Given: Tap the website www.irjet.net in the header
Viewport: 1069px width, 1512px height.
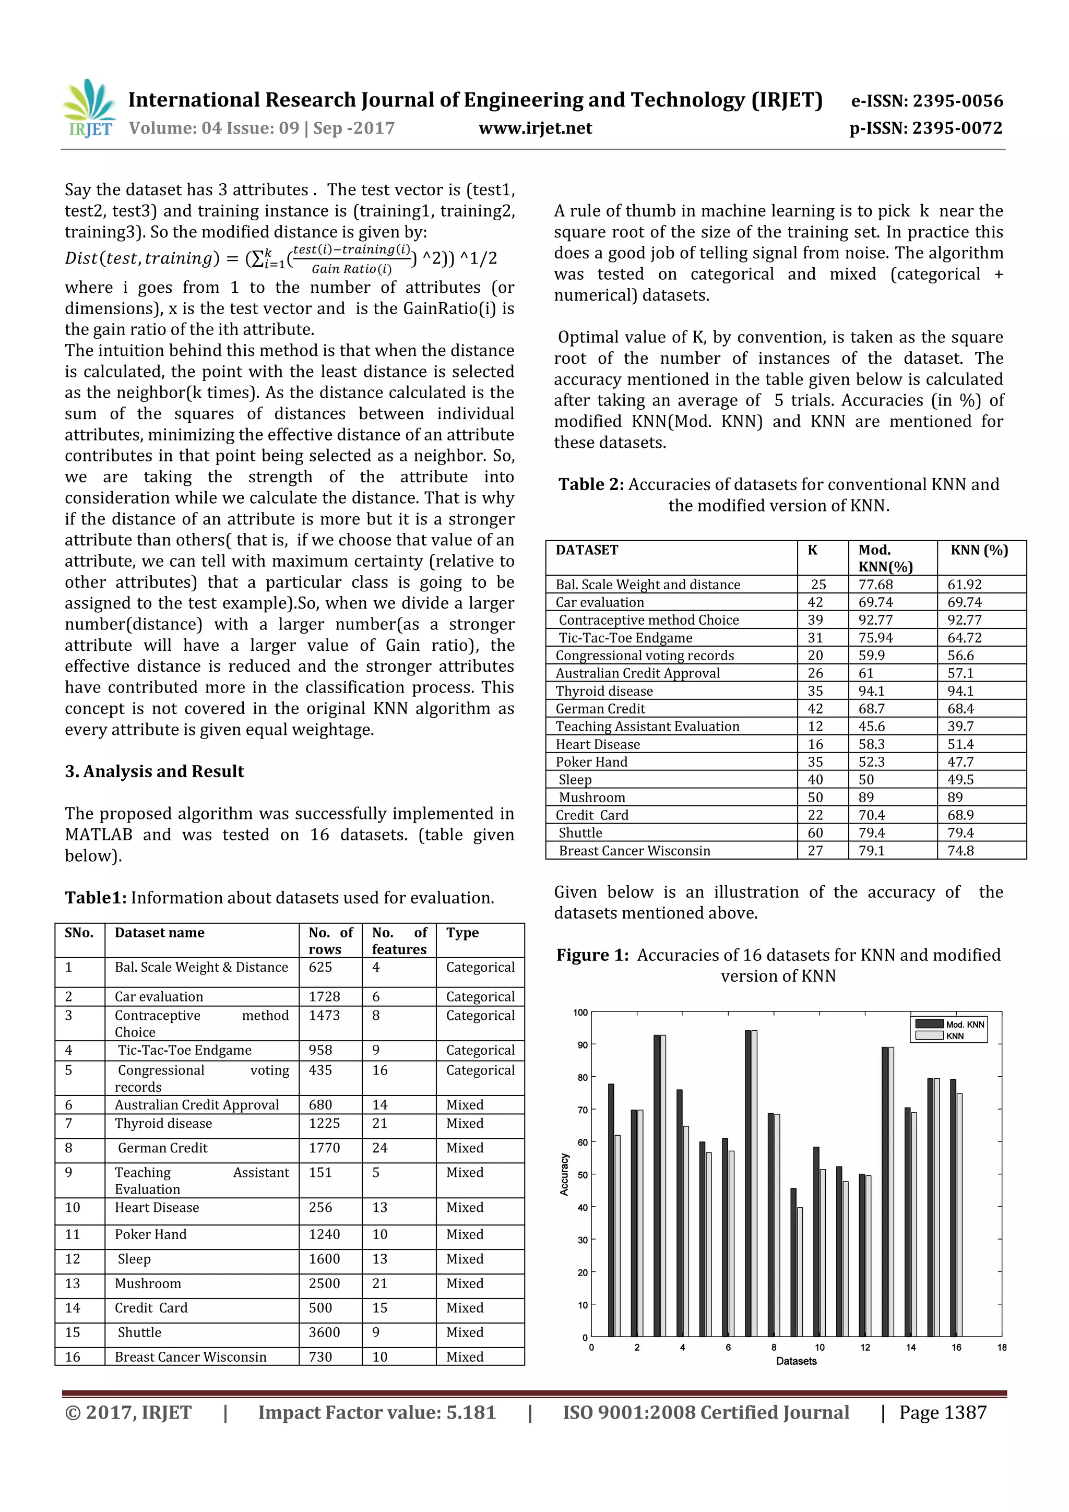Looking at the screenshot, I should click(535, 128).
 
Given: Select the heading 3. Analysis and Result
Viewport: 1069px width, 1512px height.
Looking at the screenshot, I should click(154, 771).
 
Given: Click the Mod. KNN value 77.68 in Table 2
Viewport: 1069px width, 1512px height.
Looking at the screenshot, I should click(875, 585).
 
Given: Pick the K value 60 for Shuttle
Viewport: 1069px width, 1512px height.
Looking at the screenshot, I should click(815, 833).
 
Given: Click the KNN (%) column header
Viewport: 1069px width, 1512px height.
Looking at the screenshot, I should click(979, 550).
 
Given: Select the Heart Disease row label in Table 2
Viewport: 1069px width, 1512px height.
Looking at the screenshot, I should click(598, 744).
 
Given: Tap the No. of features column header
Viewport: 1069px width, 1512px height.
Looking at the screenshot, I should click(399, 940).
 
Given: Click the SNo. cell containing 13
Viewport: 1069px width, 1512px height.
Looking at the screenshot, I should click(73, 1283).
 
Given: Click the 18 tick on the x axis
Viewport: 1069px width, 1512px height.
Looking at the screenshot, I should click(1001, 1348).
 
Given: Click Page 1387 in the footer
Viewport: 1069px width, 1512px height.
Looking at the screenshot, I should click(943, 1412).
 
